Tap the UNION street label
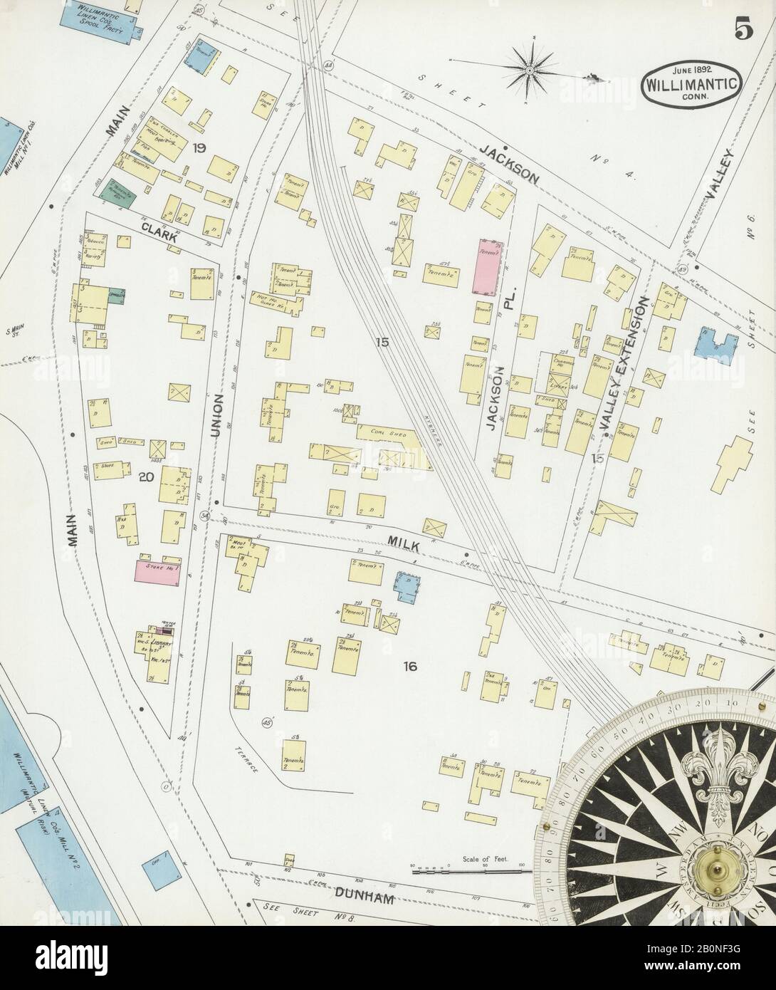point(219,415)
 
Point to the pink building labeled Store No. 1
point(159,571)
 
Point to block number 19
point(199,148)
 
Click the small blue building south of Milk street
point(407,585)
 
